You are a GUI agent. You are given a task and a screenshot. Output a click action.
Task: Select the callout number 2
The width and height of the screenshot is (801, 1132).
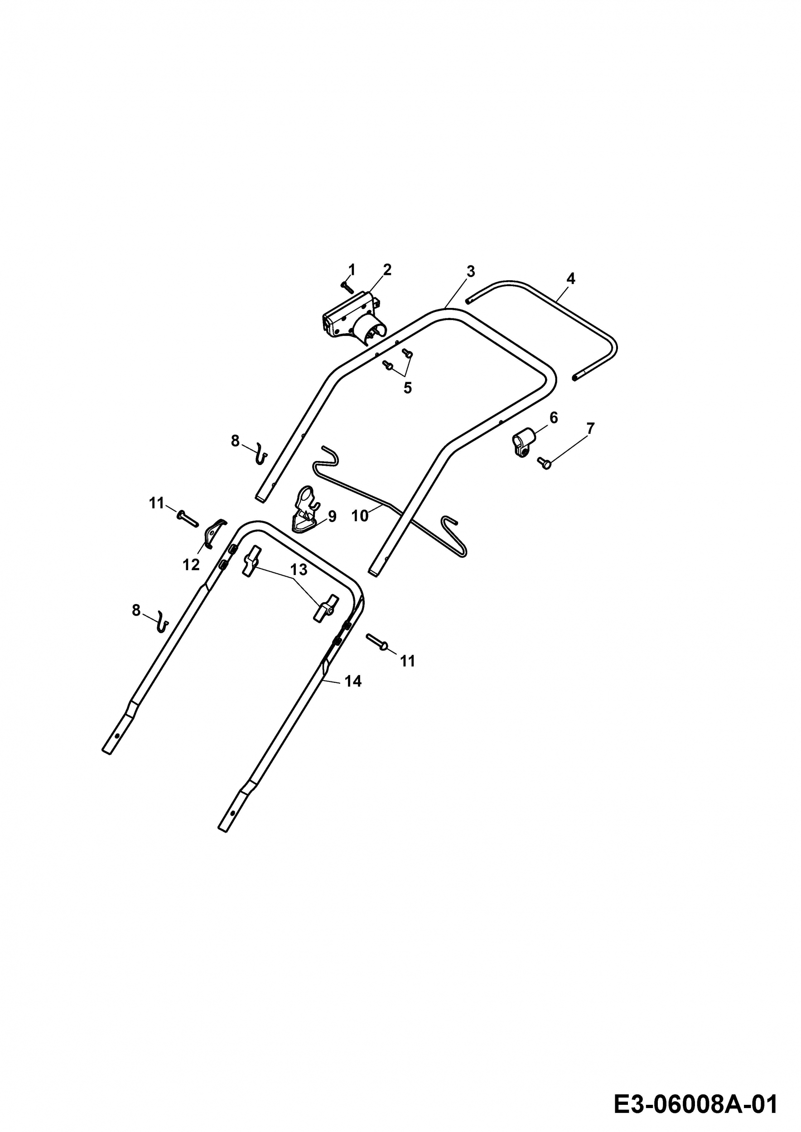(x=387, y=270)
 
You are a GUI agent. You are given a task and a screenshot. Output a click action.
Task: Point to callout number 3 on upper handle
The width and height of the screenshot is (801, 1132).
(x=471, y=271)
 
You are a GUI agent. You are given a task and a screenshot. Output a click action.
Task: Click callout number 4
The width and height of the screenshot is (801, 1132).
(x=571, y=278)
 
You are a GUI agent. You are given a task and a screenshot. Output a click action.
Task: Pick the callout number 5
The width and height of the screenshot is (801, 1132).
(x=407, y=388)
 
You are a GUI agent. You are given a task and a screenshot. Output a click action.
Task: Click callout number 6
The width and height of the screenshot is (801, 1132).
(x=553, y=418)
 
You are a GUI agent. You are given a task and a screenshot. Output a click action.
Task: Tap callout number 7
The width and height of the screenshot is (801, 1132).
(x=590, y=428)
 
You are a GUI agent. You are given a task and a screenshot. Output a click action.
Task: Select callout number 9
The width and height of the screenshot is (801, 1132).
(x=332, y=516)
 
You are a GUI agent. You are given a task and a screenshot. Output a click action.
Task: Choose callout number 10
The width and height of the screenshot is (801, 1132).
(x=360, y=516)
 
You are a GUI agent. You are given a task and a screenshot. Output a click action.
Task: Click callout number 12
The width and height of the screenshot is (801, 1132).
(x=191, y=565)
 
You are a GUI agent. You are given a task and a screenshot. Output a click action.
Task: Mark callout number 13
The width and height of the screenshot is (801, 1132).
(x=299, y=570)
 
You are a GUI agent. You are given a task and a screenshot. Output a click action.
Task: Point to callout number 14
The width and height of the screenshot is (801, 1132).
(x=353, y=681)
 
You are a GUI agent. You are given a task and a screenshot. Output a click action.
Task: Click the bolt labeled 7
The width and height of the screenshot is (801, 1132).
(x=544, y=463)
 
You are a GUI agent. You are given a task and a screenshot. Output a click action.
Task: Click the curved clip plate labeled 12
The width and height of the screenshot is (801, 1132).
(x=214, y=533)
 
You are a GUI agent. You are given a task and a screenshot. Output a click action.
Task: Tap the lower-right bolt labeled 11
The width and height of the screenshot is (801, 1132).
(x=378, y=643)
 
